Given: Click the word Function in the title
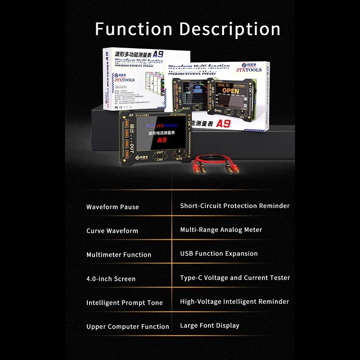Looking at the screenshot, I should (133, 29).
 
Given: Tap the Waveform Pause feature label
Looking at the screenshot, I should (112, 207).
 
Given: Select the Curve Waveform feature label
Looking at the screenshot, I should (112, 231).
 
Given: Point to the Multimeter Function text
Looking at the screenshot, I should (119, 255).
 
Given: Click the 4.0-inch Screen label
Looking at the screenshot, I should (111, 279).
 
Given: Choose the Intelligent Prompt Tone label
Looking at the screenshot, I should (125, 303).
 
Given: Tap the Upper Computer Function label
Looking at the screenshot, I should (128, 327).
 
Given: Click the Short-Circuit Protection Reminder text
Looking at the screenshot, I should (235, 206).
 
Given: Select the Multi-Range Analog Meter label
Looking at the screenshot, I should (221, 230).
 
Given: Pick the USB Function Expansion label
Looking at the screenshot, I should (219, 254).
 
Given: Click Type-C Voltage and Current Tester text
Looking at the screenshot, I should (235, 278).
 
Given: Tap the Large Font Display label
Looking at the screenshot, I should (210, 325).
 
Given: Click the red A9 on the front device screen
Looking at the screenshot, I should (162, 140).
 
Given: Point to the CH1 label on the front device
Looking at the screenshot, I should (159, 159).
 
